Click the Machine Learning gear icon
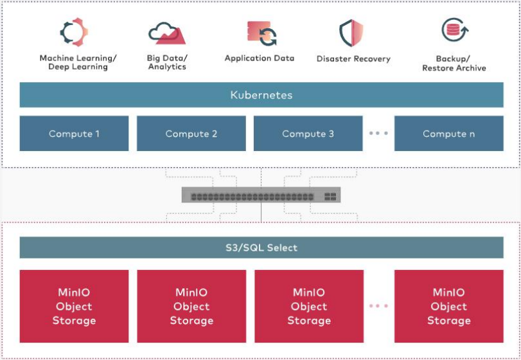point(74,32)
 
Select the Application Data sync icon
point(262,33)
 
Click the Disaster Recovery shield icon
point(351,33)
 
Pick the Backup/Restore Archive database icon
point(455,30)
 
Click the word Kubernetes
point(261,95)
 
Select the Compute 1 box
point(74,133)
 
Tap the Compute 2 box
point(191,133)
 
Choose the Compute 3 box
point(308,133)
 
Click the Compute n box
point(449,133)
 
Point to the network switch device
point(261,195)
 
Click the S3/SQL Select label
point(261,248)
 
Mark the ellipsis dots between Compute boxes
point(378,133)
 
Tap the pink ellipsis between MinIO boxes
point(378,306)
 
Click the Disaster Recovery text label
point(353,59)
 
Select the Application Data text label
point(260,58)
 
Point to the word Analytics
point(167,67)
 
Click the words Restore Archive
point(454,67)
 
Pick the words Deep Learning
point(78,67)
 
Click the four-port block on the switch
point(330,197)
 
